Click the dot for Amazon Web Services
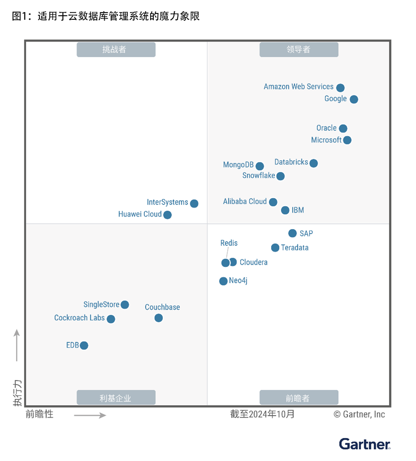point(340,88)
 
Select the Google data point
point(354,99)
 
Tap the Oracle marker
point(343,128)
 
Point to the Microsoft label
point(326,140)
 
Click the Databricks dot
point(313,163)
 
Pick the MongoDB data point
point(259,166)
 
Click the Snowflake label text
point(258,176)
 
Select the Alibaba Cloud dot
point(273,202)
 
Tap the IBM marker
point(285,210)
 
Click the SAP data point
point(292,233)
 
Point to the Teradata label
point(295,248)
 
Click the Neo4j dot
point(223,281)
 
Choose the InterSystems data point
point(194,203)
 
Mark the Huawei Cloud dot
point(167,215)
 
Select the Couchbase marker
point(158,318)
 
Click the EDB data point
point(84,345)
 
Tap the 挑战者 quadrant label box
point(116,50)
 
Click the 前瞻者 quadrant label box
point(299,398)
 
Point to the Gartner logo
point(364,444)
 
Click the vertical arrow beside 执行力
point(17,345)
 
